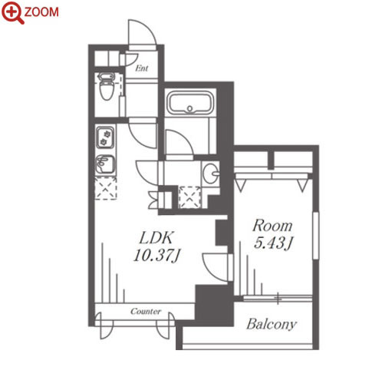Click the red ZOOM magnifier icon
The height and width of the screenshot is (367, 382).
click(12, 12)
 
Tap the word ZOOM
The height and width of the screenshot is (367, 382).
click(41, 12)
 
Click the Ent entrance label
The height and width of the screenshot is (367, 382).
click(142, 68)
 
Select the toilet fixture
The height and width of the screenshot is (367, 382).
click(107, 86)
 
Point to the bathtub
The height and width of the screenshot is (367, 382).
click(190, 103)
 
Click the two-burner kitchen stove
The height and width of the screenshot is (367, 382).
click(105, 137)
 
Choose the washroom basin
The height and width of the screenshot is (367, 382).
click(211, 174)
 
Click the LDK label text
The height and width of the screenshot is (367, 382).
click(157, 238)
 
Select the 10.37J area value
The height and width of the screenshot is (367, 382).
click(157, 256)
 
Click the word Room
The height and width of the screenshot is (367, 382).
click(272, 226)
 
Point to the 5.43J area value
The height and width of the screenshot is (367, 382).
click(273, 243)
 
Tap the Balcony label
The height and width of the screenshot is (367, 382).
click(272, 324)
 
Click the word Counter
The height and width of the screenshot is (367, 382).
click(146, 311)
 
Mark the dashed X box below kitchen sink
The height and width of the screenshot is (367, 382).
click(106, 189)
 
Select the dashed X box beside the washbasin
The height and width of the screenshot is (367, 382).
click(189, 197)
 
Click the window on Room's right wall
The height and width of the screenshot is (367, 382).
click(316, 236)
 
